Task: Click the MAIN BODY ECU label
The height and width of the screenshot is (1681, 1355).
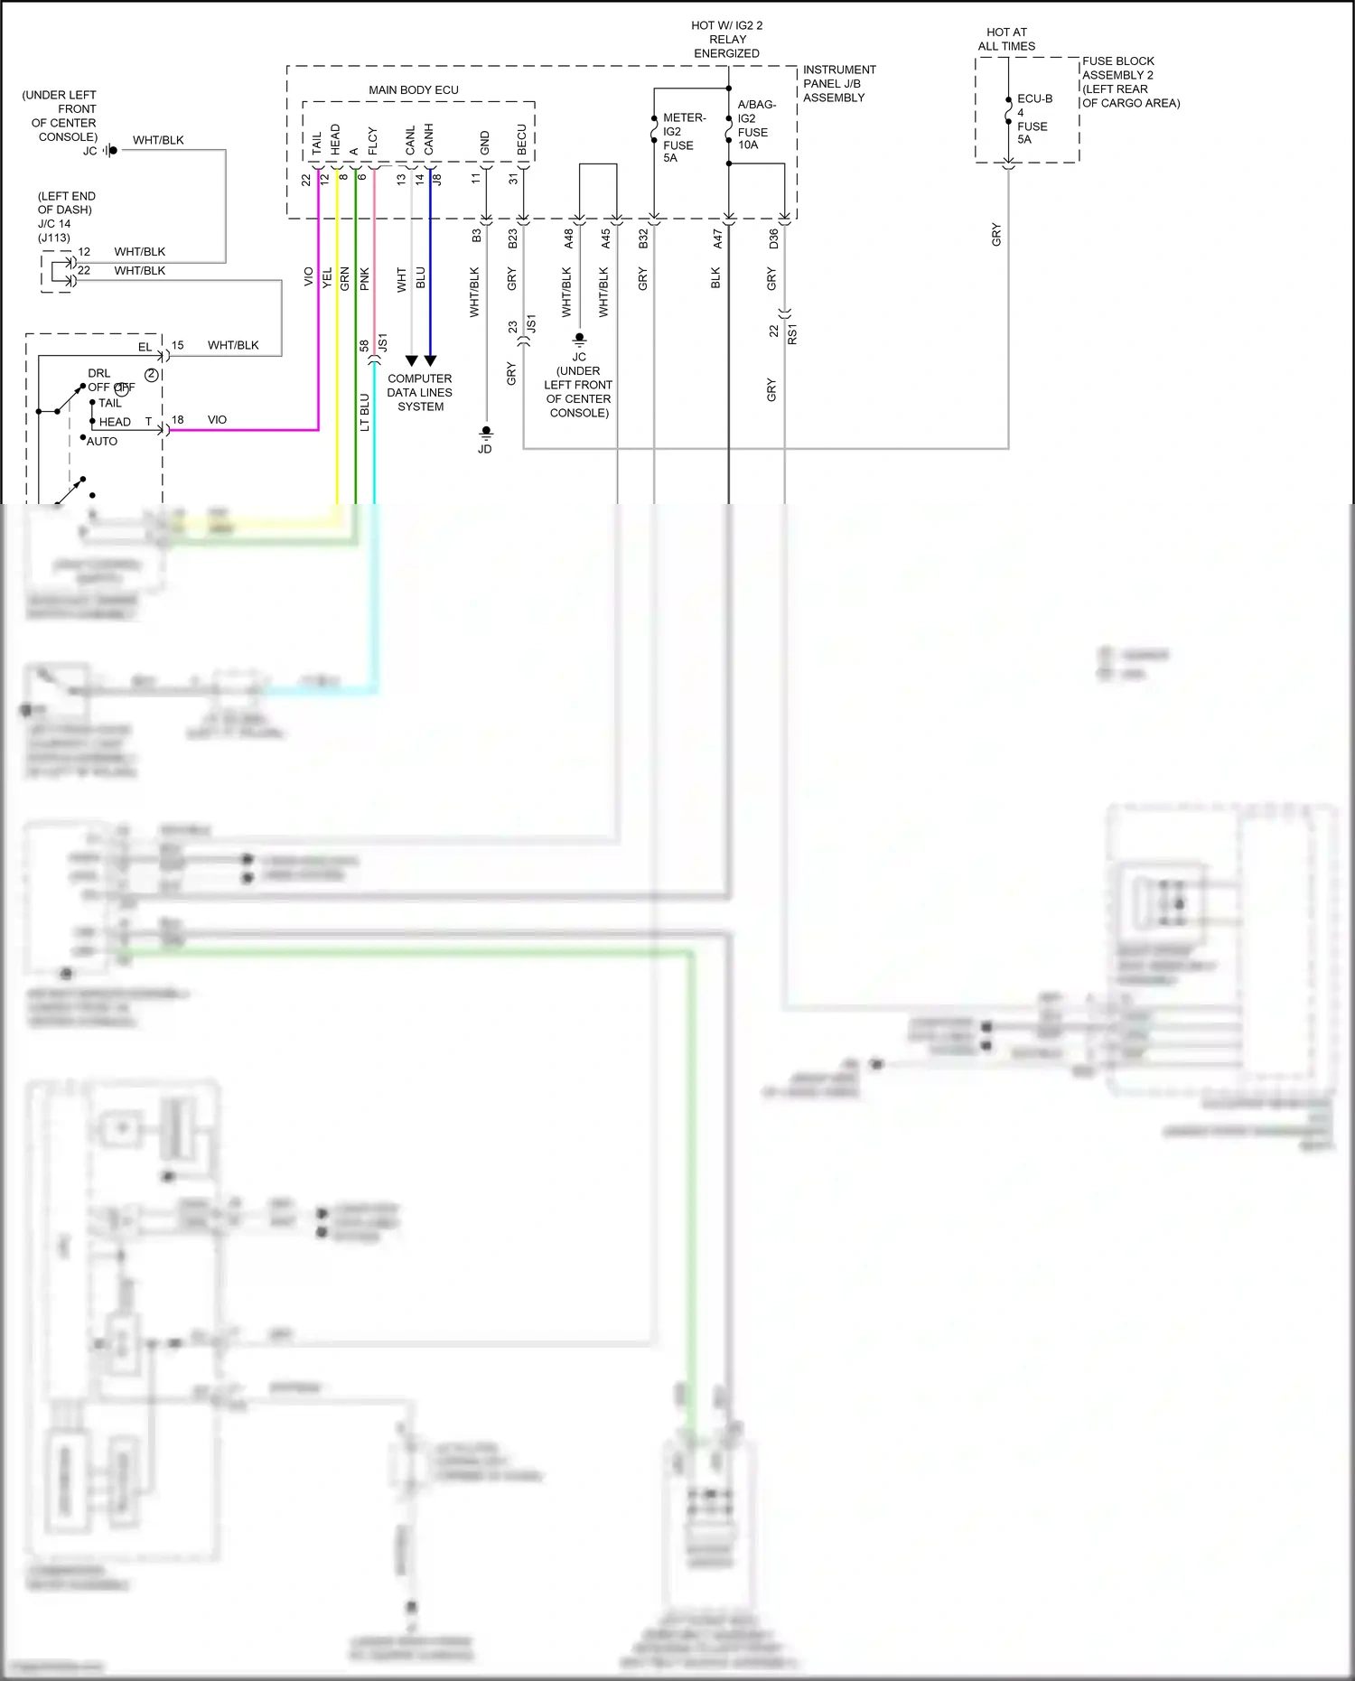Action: (x=413, y=90)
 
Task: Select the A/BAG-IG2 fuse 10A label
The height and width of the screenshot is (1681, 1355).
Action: (x=755, y=125)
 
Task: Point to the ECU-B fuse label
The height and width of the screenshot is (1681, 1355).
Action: (x=1033, y=118)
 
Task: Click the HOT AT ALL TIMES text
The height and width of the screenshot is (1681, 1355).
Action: (x=1006, y=39)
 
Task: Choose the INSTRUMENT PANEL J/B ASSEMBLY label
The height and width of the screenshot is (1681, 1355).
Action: (x=838, y=83)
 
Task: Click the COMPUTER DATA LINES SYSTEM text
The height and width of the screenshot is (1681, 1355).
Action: (x=420, y=393)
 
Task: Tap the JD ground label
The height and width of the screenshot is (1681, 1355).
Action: (x=485, y=449)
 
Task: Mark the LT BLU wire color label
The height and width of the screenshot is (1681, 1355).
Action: (x=365, y=412)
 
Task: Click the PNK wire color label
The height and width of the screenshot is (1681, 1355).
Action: (x=365, y=278)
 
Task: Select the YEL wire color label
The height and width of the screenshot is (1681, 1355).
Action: (x=327, y=278)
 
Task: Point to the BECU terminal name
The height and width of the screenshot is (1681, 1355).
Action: (x=522, y=139)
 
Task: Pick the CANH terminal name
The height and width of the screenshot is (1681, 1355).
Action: (x=429, y=139)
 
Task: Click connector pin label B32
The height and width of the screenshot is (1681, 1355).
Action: (x=643, y=238)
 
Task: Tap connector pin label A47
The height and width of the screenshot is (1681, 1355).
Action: (x=717, y=238)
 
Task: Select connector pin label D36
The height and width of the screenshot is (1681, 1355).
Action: (x=773, y=238)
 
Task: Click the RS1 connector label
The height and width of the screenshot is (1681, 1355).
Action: (x=792, y=334)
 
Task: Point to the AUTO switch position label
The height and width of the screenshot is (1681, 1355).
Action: (x=102, y=442)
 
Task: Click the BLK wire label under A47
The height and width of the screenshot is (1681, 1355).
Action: (x=716, y=277)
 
